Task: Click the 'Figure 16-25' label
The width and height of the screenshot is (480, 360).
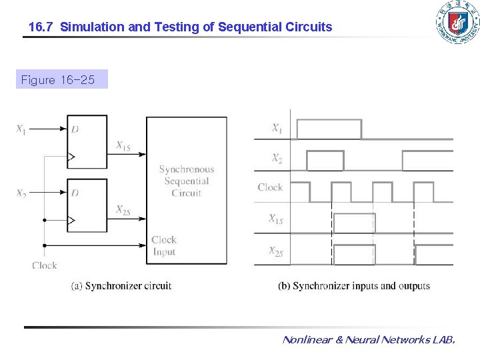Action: tap(58, 81)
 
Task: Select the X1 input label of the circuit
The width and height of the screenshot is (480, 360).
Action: tap(21, 129)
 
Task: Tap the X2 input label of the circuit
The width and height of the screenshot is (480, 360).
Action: tap(21, 194)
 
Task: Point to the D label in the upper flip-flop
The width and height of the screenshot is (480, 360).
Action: tap(75, 129)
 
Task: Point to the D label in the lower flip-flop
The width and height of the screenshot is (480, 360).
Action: tap(75, 193)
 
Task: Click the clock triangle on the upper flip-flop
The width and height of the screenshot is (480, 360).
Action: tap(72, 157)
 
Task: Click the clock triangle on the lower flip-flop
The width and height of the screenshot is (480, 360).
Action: tap(72, 220)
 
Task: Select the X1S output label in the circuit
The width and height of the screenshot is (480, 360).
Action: tap(123, 145)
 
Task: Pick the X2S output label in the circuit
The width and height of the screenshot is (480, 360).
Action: tap(123, 210)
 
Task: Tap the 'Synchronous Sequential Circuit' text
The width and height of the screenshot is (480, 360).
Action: tap(187, 181)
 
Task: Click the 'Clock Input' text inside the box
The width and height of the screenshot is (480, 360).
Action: tap(164, 245)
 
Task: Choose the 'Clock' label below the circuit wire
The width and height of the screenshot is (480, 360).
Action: tap(45, 265)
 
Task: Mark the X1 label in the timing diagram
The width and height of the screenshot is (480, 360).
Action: tap(276, 128)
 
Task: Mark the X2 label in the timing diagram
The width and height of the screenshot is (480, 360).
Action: tap(276, 159)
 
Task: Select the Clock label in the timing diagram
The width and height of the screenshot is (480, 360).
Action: tap(270, 187)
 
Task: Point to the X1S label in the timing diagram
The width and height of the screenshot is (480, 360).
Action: tap(275, 218)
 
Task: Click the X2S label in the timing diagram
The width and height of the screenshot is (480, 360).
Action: tap(275, 251)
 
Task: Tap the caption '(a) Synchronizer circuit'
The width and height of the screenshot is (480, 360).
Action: tap(121, 286)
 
